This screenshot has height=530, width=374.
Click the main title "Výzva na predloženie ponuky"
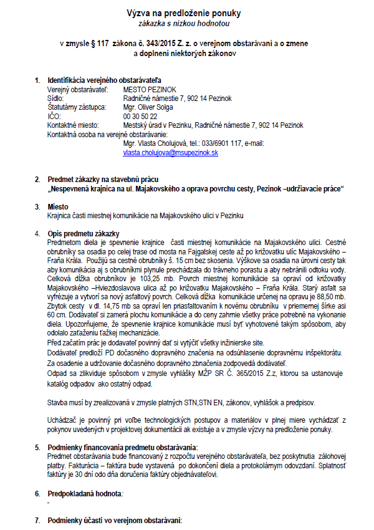coord(184,13)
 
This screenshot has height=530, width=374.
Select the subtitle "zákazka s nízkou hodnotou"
coord(184,23)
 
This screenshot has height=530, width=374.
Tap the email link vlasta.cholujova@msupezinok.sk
coord(170,152)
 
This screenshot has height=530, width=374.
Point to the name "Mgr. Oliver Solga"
coord(149,107)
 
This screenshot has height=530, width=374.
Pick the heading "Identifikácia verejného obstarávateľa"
coord(104,81)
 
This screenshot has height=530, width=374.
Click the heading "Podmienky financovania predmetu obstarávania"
coord(122,448)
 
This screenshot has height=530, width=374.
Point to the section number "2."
coord(37,180)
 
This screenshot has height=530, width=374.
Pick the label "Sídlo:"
coord(57,99)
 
